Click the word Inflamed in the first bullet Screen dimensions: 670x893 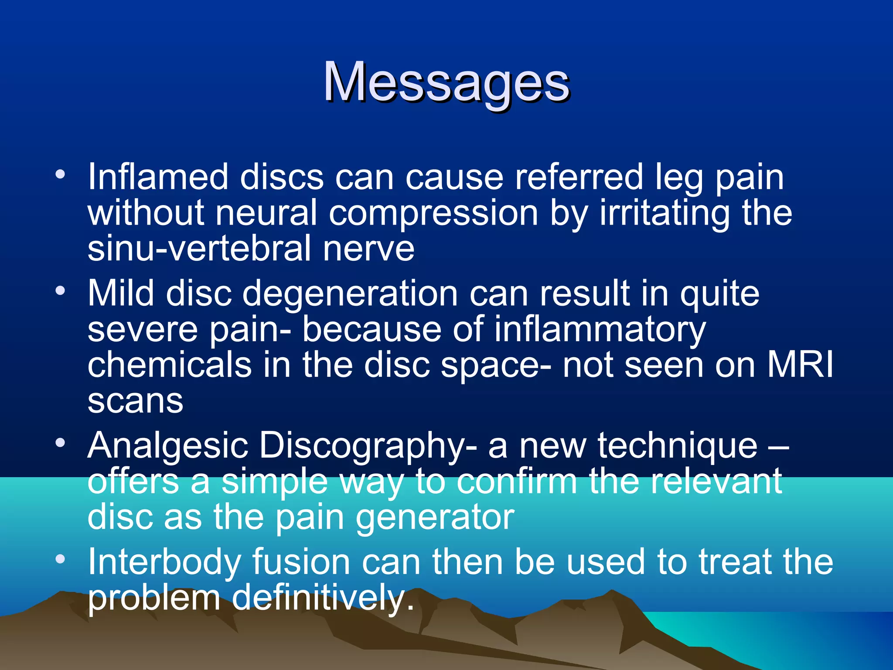[x=158, y=177]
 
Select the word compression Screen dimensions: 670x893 [x=433, y=214]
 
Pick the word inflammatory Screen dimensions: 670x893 [x=600, y=330]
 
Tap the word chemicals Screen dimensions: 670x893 [x=170, y=365]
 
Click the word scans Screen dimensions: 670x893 [x=135, y=400]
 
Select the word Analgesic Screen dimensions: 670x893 [x=167, y=446]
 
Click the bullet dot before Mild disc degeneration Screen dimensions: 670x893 [x=60, y=291]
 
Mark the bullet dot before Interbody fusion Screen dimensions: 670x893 [x=60, y=559]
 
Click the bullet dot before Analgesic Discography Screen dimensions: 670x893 [x=60, y=443]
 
